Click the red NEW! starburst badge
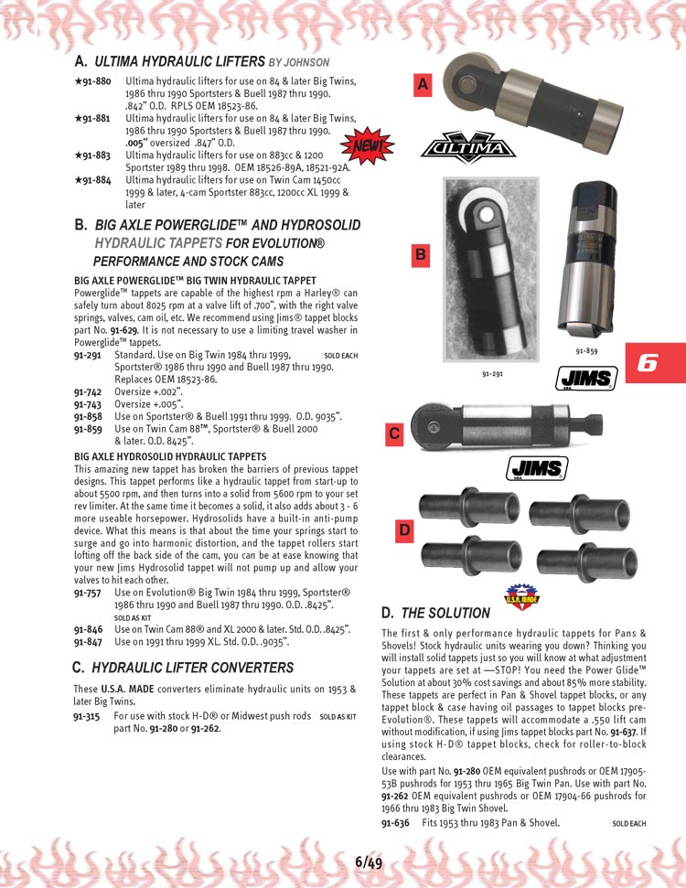[x=367, y=144]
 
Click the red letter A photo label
[x=423, y=85]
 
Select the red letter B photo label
[x=420, y=255]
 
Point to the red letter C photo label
[x=394, y=434]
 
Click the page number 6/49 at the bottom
[x=369, y=861]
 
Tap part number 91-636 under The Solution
[x=395, y=823]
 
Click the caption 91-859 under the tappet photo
[x=586, y=350]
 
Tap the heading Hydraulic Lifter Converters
[x=192, y=668]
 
